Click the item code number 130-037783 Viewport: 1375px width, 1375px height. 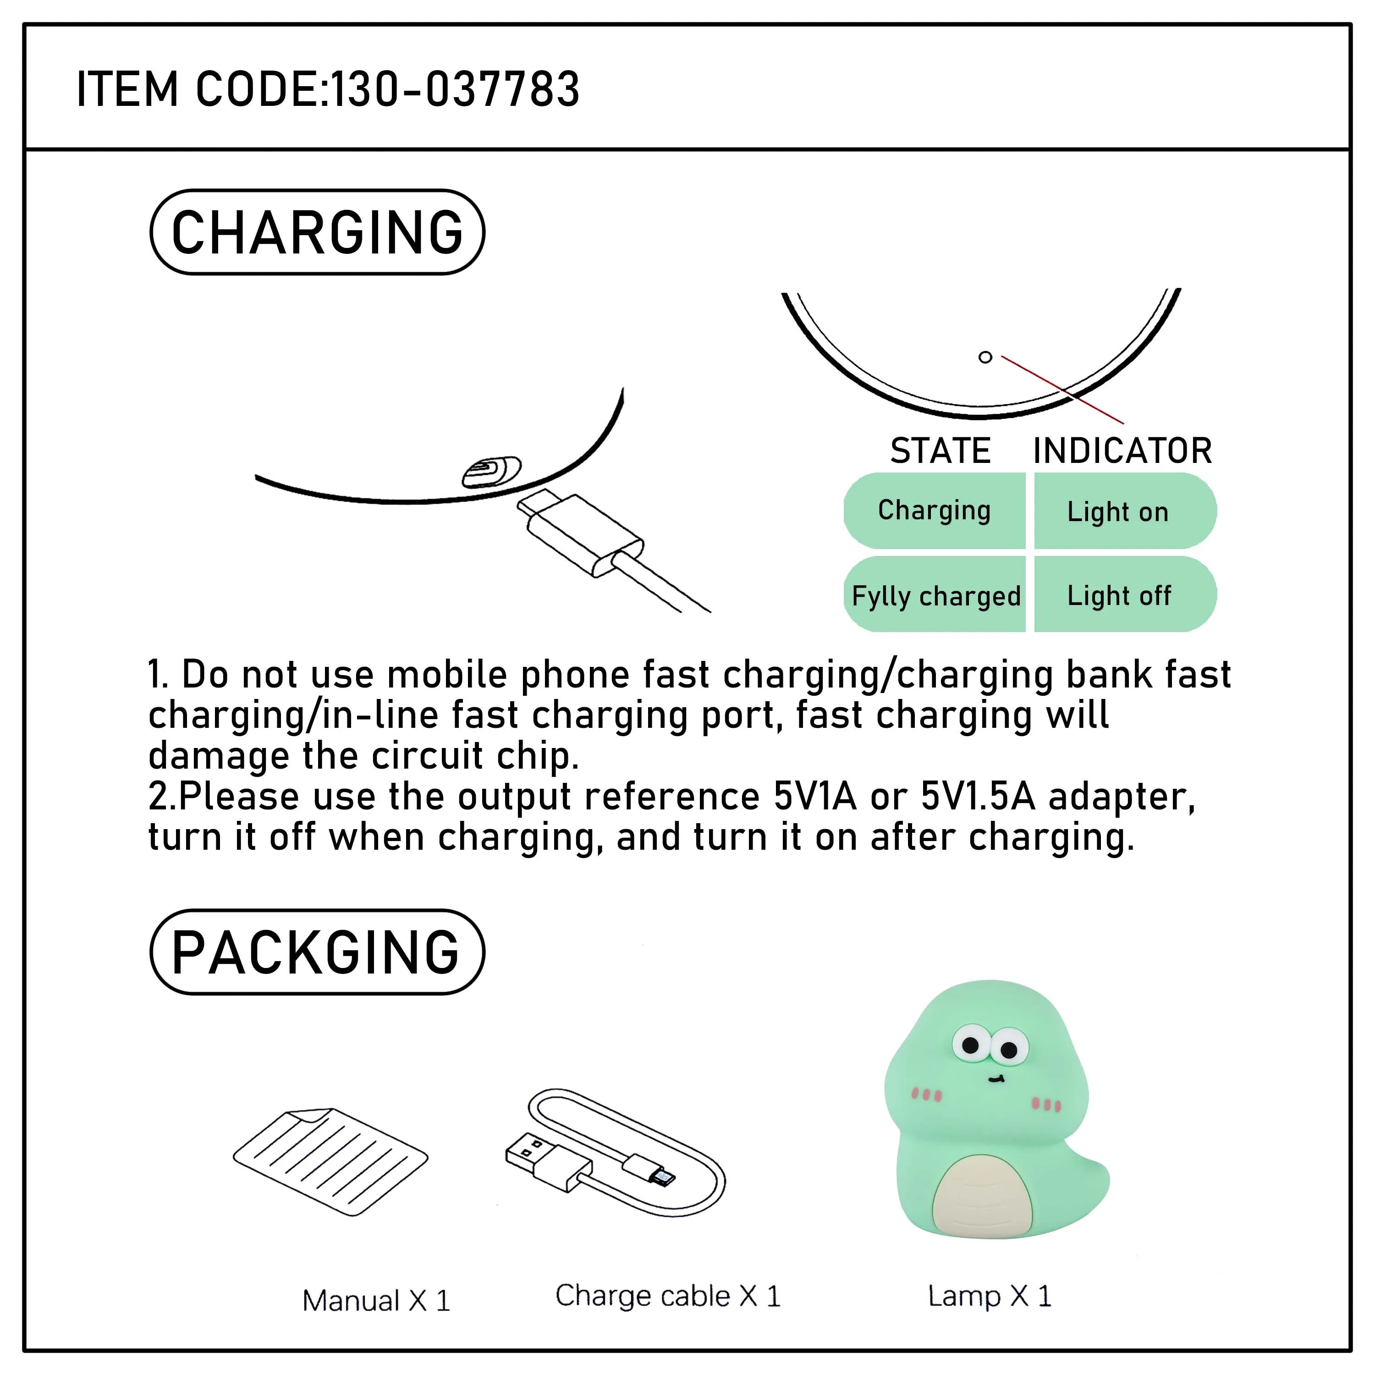(x=456, y=90)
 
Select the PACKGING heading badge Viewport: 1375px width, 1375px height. (x=318, y=952)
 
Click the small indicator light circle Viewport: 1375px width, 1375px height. (x=985, y=357)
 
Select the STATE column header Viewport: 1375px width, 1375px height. (x=940, y=451)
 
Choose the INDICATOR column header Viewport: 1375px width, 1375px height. (x=1122, y=451)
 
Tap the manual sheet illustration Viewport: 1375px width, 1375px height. (x=330, y=1161)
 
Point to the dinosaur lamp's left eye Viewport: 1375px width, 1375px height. (x=971, y=1045)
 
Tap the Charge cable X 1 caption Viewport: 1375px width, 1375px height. (x=668, y=1296)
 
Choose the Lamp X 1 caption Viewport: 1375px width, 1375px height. (x=989, y=1296)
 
